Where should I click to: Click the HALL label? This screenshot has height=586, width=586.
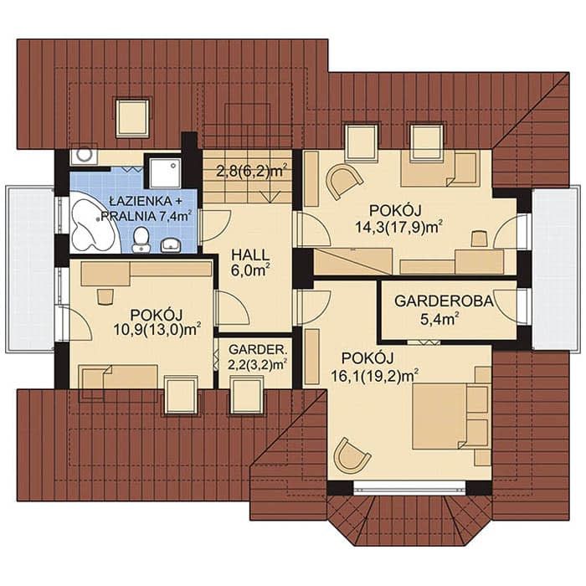click(x=250, y=254)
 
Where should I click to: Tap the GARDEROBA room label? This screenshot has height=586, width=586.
click(x=444, y=301)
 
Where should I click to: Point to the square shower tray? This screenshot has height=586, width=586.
click(x=165, y=172)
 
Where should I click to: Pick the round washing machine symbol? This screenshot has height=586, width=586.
click(x=84, y=156)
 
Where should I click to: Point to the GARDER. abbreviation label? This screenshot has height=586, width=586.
click(x=258, y=350)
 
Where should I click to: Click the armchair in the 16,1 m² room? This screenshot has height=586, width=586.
click(x=352, y=455)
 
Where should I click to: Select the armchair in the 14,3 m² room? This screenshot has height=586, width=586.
click(x=344, y=181)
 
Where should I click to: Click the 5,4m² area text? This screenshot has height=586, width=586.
click(x=439, y=320)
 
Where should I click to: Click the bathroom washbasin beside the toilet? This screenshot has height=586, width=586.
click(x=171, y=245)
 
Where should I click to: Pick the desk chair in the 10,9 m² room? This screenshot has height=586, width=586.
click(x=105, y=296)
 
